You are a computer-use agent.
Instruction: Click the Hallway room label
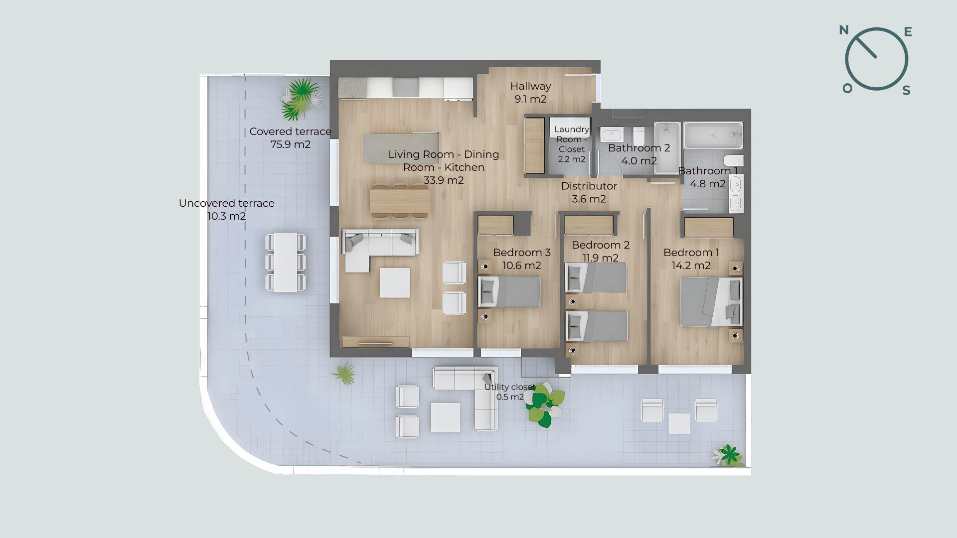point(530,86)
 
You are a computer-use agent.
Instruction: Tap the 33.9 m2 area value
point(444,180)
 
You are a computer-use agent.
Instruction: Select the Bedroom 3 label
point(522,253)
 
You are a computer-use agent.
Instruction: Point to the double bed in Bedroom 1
point(711,302)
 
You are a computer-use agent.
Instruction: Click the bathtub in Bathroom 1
point(713,135)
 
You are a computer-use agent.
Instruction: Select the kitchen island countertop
point(401,147)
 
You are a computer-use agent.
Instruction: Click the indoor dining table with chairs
point(400,201)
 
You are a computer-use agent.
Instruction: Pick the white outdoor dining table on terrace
point(286,262)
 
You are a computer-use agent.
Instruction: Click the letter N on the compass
point(844,30)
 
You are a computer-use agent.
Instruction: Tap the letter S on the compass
point(907,90)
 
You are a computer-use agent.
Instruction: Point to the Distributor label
point(589,186)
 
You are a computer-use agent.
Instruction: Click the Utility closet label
point(509,387)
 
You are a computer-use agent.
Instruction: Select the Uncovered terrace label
point(227,203)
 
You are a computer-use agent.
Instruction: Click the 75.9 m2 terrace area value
point(291,144)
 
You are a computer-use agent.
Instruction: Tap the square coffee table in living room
point(395,283)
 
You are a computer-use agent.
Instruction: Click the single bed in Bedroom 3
point(509,291)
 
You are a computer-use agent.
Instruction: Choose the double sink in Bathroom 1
point(736,194)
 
